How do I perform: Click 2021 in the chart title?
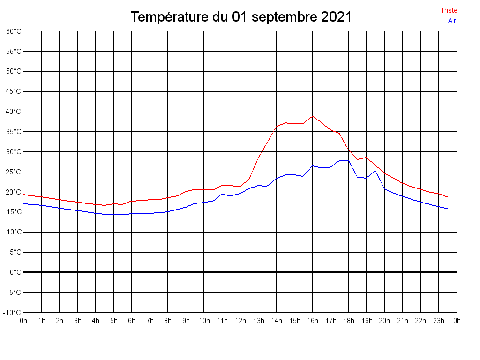pyautogui.click(x=337, y=17)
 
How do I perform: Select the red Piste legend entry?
pyautogui.click(x=450, y=10)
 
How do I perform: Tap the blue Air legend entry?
pyautogui.click(x=452, y=21)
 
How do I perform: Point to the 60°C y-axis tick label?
pyautogui.click(x=14, y=31)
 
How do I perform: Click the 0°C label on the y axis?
pyautogui.click(x=15, y=272)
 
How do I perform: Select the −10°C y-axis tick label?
pyautogui.click(x=13, y=312)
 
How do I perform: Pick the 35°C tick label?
pyautogui.click(x=14, y=132)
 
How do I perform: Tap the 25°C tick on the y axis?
pyautogui.click(x=14, y=172)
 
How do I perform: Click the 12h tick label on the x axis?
pyautogui.click(x=240, y=321)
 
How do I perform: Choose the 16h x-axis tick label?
pyautogui.click(x=313, y=321)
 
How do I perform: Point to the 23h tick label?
pyautogui.click(x=439, y=321)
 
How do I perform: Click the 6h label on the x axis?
pyautogui.click(x=132, y=321)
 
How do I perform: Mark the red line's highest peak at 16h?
pyautogui.click(x=313, y=116)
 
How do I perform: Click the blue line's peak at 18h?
pyautogui.click(x=348, y=160)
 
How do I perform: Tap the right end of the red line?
pyautogui.click(x=448, y=197)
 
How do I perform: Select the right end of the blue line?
pyautogui.click(x=448, y=209)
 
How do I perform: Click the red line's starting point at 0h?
pyautogui.click(x=23, y=195)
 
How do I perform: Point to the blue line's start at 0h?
pyautogui.click(x=23, y=204)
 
